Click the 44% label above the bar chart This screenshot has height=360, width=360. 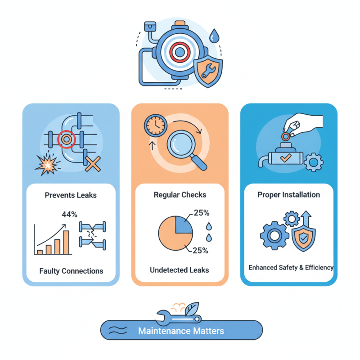coord(69,214)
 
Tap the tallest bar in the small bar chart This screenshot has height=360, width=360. coord(67,243)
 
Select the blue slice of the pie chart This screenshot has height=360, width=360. coord(184,224)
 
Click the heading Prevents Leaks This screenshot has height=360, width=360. coord(71,195)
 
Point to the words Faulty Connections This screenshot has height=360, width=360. coord(71,271)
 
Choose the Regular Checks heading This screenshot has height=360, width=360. coord(180,195)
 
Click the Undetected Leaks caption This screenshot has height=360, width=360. coord(180,270)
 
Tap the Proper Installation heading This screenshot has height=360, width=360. coord(288,195)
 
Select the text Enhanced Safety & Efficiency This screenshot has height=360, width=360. coord(291,267)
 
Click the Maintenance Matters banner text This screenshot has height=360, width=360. coord(181,331)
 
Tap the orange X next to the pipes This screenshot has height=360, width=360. coord(92,165)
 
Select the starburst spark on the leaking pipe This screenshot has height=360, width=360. coord(46,166)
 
